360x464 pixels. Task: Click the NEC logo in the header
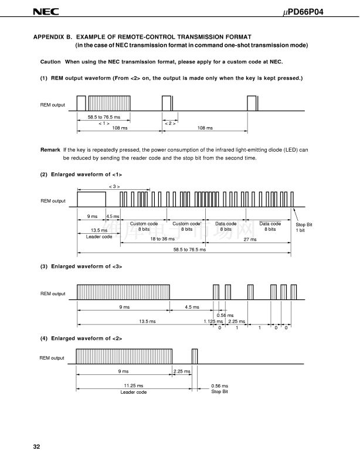(46, 12)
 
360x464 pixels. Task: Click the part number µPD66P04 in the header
(303, 12)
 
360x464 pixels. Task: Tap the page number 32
(36, 446)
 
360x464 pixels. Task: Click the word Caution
(50, 62)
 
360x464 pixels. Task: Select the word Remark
(50, 150)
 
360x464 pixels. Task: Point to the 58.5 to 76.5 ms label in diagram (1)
(104, 117)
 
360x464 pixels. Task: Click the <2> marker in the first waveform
(170, 123)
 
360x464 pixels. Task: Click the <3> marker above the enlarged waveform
(114, 186)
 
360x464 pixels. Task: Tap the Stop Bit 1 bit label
(304, 227)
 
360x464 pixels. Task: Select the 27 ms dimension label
(250, 239)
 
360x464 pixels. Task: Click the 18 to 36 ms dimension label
(162, 238)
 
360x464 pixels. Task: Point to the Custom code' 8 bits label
(187, 226)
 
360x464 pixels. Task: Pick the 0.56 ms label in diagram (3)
(225, 315)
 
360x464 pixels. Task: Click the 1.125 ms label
(213, 321)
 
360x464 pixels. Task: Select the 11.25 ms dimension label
(134, 385)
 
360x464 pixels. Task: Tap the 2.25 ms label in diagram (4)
(182, 371)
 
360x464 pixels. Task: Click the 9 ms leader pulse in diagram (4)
(124, 356)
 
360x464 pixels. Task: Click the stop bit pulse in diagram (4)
(195, 356)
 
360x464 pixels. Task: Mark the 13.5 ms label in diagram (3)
(147, 321)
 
